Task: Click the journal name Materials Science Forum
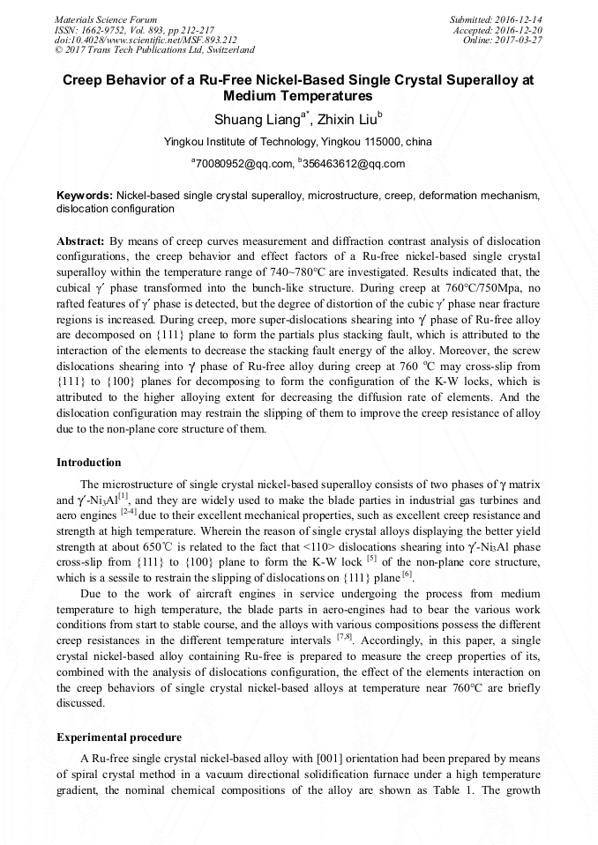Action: coord(106,19)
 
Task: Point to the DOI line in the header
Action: coord(146,41)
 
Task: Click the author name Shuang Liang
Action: coord(257,118)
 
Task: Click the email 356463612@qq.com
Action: coord(354,164)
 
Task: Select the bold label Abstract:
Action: coord(80,241)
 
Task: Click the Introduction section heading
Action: coord(89,463)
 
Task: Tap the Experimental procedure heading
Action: coord(119,737)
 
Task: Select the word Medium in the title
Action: coord(255,95)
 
